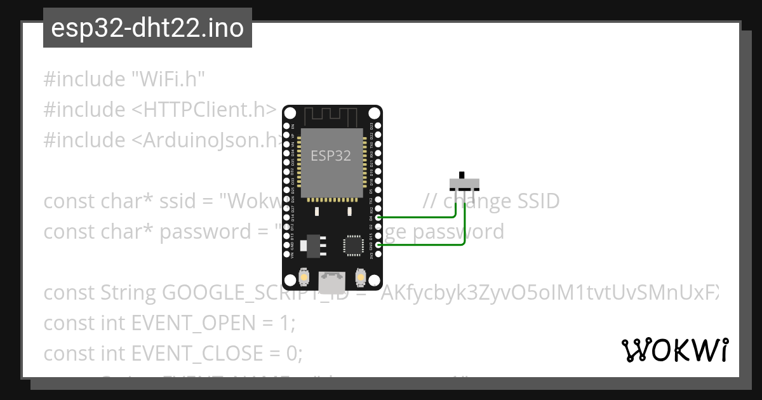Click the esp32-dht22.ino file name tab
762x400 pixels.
[x=147, y=29]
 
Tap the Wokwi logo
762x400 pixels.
[x=674, y=350]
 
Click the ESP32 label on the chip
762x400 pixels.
[x=330, y=156]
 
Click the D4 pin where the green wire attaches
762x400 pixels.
[x=378, y=218]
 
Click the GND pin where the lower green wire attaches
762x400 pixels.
[x=378, y=245]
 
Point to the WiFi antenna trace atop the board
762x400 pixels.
[x=331, y=117]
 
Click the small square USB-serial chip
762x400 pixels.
[x=351, y=244]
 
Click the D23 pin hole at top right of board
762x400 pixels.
[x=378, y=126]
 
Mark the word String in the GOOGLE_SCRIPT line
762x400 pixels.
[x=129, y=293]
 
